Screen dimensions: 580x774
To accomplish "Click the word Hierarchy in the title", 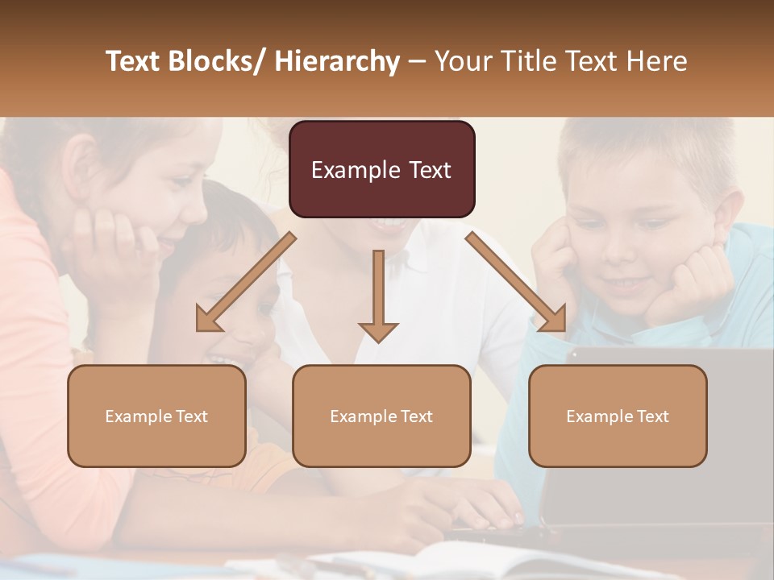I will pyautogui.click(x=337, y=62).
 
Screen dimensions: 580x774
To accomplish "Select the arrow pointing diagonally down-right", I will pyautogui.click(x=516, y=283).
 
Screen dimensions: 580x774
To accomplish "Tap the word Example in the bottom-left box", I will pyautogui.click(x=139, y=416).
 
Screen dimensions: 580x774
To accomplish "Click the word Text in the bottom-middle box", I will pyautogui.click(x=415, y=416).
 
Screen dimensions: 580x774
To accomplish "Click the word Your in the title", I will pyautogui.click(x=460, y=62).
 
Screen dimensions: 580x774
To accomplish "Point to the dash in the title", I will pyautogui.click(x=417, y=62).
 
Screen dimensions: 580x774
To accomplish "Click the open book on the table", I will pyautogui.click(x=451, y=560).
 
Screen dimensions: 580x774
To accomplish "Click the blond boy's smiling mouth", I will pyautogui.click(x=629, y=284).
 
